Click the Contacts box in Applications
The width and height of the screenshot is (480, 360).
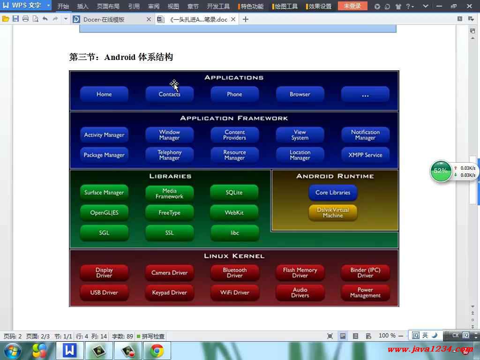tap(169, 94)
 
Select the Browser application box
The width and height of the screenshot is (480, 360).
tap(300, 94)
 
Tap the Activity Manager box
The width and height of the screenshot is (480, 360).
tap(104, 135)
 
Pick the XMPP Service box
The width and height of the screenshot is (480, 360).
tap(365, 155)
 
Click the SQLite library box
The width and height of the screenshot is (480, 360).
tap(234, 192)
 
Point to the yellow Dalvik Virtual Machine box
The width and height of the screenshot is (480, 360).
tap(333, 212)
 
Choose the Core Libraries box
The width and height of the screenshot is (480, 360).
tap(333, 192)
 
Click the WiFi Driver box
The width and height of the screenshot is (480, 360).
tap(234, 292)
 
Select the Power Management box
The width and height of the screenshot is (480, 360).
tap(365, 292)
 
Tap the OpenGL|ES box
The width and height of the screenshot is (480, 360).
tap(104, 212)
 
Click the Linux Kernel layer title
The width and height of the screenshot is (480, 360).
tap(234, 256)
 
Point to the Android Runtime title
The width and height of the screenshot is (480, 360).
tap(335, 176)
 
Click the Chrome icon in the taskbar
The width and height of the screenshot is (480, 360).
tap(157, 351)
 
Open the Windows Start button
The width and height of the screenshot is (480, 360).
tap(13, 351)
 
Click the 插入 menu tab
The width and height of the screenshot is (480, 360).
tap(82, 6)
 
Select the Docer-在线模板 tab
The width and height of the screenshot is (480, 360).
tap(104, 20)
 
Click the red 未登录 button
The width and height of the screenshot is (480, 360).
tap(352, 6)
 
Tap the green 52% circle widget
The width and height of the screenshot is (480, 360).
tap(441, 171)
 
